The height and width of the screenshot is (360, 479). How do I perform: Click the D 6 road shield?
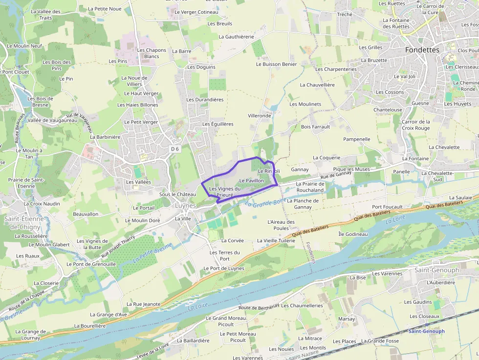(x=175, y=148)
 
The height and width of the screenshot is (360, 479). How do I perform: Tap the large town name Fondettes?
(x=422, y=50)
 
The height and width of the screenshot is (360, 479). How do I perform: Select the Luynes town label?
(x=185, y=206)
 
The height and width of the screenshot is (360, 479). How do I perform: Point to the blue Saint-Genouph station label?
(x=426, y=331)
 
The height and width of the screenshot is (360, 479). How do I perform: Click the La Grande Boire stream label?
(x=265, y=202)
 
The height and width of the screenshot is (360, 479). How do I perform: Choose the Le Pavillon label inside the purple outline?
(x=251, y=181)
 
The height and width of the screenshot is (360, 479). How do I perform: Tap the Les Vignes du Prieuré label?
(x=225, y=192)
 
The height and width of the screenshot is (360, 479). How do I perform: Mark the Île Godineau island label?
(x=353, y=234)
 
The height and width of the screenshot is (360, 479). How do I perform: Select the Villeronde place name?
(x=259, y=116)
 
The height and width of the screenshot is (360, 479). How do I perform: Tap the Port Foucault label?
(x=387, y=207)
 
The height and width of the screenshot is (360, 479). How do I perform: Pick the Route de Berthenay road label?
(x=259, y=307)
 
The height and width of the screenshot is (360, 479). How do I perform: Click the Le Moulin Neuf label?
(x=24, y=46)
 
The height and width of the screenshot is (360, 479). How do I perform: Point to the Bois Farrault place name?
(x=316, y=127)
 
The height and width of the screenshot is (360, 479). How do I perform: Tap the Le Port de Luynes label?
(x=223, y=269)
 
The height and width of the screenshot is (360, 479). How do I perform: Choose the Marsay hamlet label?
(x=347, y=319)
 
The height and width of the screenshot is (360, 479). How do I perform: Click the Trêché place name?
(x=345, y=15)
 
